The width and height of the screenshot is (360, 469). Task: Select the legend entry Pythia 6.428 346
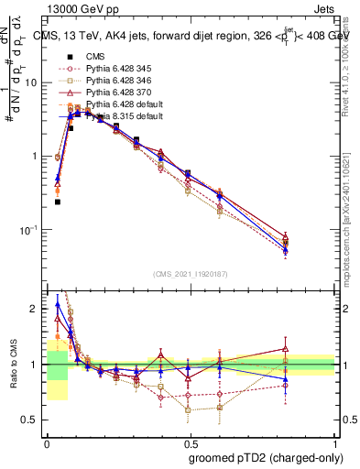pos(117,82)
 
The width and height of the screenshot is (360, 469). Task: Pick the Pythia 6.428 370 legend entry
pos(117,93)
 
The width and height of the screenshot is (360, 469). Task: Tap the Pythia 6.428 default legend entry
pos(123,105)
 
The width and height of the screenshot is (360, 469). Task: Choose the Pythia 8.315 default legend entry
pos(123,117)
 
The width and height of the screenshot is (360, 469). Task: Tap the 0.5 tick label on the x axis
pos(191,442)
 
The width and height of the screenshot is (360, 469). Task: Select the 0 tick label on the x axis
pos(47,442)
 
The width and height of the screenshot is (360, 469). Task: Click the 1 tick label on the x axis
pos(335,442)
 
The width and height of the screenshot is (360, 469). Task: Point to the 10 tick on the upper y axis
pos(32,82)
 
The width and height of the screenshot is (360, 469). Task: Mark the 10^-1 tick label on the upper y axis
pos(30,230)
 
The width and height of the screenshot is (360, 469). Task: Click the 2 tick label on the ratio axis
pos(35,309)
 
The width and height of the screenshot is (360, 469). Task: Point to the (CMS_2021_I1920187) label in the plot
pos(191,272)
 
